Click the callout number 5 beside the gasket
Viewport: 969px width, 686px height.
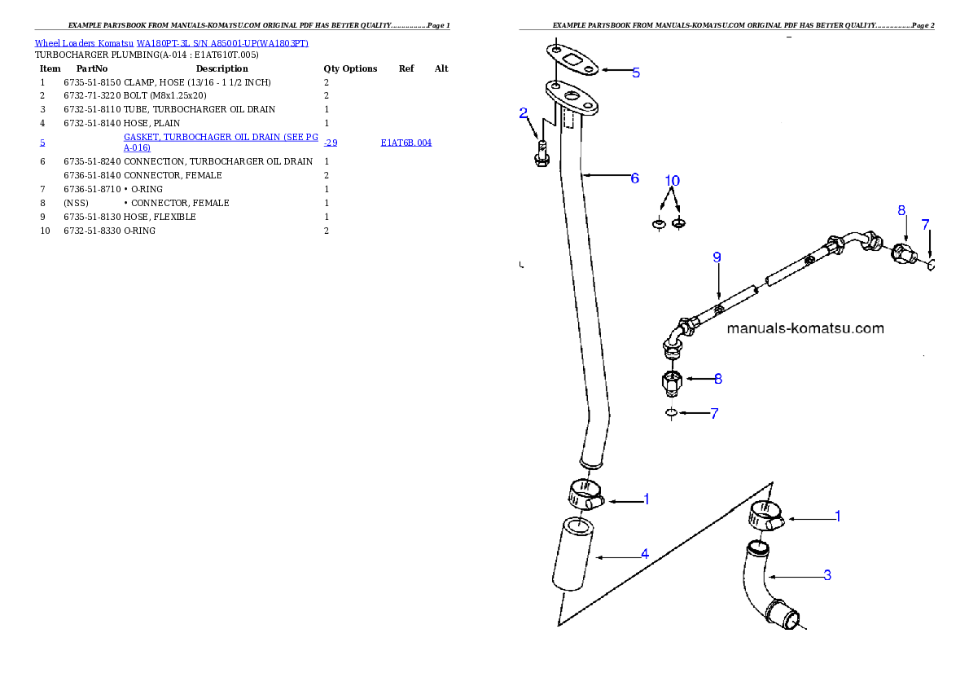click(x=636, y=73)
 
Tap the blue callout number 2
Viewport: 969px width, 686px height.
click(x=524, y=113)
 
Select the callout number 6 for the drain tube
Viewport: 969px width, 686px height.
click(x=635, y=178)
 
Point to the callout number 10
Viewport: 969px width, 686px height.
click(x=672, y=180)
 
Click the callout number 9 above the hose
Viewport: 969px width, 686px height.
click(x=717, y=257)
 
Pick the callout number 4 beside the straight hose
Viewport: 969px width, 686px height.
click(x=644, y=554)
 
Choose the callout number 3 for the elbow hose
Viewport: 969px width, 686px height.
click(x=827, y=575)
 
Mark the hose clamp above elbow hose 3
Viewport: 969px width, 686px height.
click(x=766, y=517)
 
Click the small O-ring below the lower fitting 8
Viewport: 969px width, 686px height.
click(x=671, y=413)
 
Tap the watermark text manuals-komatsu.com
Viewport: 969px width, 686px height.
click(x=805, y=329)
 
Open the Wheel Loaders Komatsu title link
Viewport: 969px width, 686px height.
click(x=171, y=43)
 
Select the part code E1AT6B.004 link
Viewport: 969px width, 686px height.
click(x=406, y=143)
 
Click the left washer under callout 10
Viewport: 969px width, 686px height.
click(x=659, y=223)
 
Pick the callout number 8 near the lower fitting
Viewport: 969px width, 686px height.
click(x=717, y=379)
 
